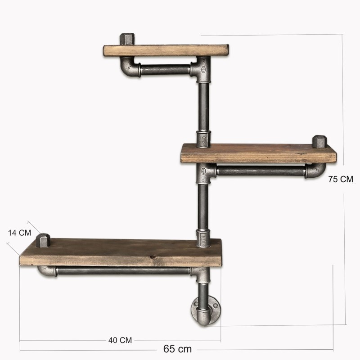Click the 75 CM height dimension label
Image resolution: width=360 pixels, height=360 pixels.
point(341,179)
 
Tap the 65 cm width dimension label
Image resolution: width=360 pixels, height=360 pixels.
point(177,349)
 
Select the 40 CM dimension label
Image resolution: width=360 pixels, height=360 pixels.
point(120,340)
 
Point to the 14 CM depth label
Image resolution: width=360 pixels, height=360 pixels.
point(19,233)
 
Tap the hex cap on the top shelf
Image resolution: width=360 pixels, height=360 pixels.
point(127,39)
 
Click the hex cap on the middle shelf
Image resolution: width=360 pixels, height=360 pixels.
point(319,141)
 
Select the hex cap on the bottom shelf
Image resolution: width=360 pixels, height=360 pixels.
point(43,240)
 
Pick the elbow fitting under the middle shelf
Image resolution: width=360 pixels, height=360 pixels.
point(315,171)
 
